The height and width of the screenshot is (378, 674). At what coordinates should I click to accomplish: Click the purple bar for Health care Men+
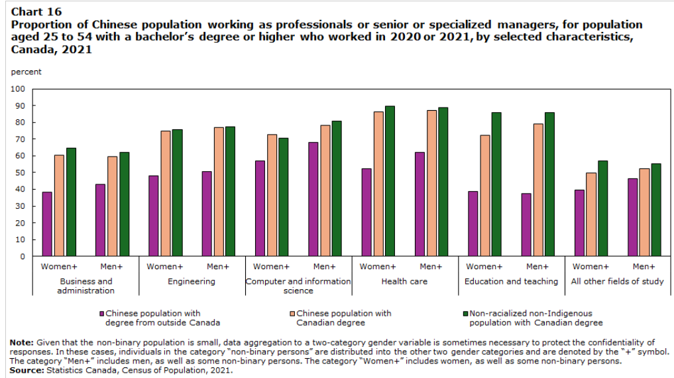[x=420, y=204]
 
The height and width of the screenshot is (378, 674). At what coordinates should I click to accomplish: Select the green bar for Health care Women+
[x=390, y=180]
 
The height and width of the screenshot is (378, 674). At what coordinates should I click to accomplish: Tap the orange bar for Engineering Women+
[x=166, y=193]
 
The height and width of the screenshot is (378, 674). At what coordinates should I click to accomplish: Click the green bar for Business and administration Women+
[x=72, y=202]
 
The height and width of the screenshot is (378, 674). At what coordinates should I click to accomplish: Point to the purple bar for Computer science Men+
[x=313, y=198]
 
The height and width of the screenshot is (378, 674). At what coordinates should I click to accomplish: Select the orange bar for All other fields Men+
[x=644, y=212]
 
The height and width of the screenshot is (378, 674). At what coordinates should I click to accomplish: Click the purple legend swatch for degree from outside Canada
[x=102, y=313]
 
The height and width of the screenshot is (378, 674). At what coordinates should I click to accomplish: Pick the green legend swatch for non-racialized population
[x=465, y=313]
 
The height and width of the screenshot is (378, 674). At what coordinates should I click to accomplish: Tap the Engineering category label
[x=192, y=281]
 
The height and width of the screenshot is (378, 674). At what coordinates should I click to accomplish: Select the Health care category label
[x=404, y=281]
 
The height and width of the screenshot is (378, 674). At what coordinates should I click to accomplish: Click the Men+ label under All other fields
[x=644, y=266]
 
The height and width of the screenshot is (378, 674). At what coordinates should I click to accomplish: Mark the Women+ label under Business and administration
[x=59, y=266]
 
